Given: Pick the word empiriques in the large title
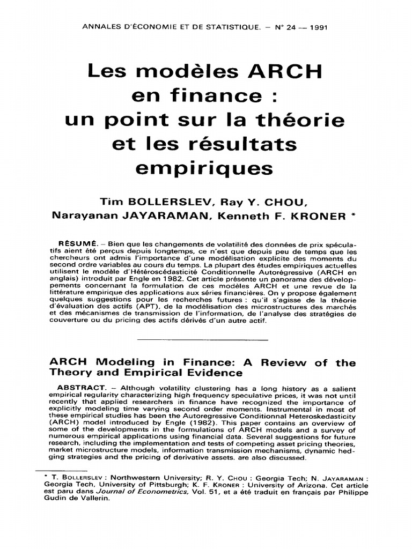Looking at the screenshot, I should [x=204, y=168].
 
